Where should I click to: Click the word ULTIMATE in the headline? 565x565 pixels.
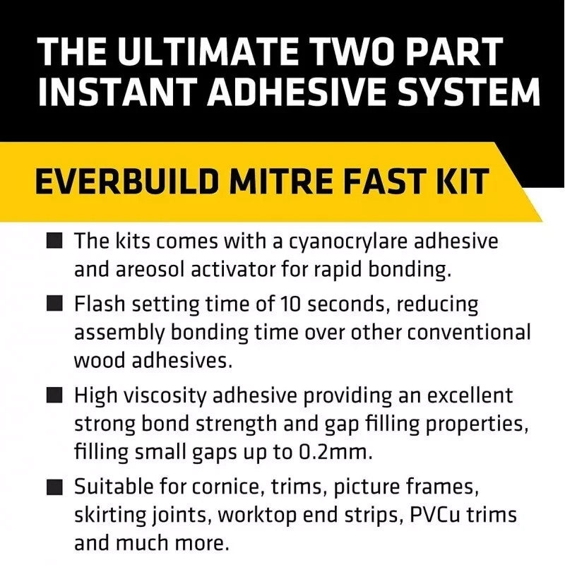[208, 51]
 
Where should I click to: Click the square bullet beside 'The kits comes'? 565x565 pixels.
[55, 240]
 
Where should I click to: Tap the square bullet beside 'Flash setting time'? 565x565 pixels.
[55, 303]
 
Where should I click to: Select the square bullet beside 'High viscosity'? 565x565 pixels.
[55, 395]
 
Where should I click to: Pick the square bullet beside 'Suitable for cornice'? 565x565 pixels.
[55, 487]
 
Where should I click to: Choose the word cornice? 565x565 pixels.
[225, 488]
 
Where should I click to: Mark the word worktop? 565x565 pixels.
[257, 516]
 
